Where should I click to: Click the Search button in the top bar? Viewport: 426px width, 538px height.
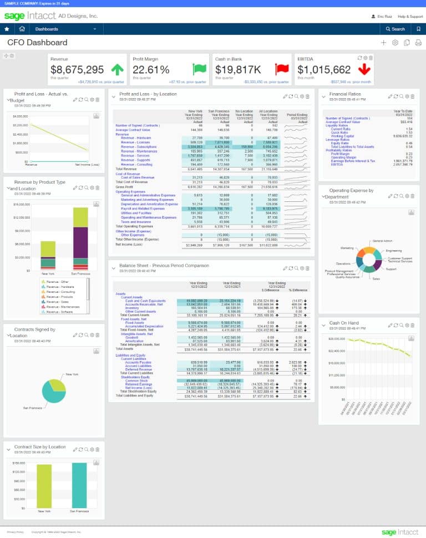click(x=395, y=29)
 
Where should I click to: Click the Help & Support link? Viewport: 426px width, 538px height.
click(x=410, y=17)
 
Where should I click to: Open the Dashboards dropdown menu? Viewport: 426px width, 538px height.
click(x=65, y=29)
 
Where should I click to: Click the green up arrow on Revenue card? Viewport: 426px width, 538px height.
click(x=118, y=70)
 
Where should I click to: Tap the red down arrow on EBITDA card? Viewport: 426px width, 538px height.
click(x=364, y=70)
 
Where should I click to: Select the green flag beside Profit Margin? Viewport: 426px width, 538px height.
click(x=199, y=70)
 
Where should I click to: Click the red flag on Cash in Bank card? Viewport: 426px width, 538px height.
click(x=282, y=70)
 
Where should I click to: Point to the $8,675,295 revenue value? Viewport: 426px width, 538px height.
click(x=77, y=70)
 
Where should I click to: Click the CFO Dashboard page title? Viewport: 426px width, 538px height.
click(x=37, y=43)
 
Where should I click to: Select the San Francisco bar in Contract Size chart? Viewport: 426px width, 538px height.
click(x=79, y=484)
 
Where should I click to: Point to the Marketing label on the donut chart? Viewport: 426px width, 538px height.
click(x=347, y=248)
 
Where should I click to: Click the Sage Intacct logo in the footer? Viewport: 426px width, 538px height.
click(x=399, y=532)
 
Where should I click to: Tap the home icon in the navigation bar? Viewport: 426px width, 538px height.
click(x=22, y=29)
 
